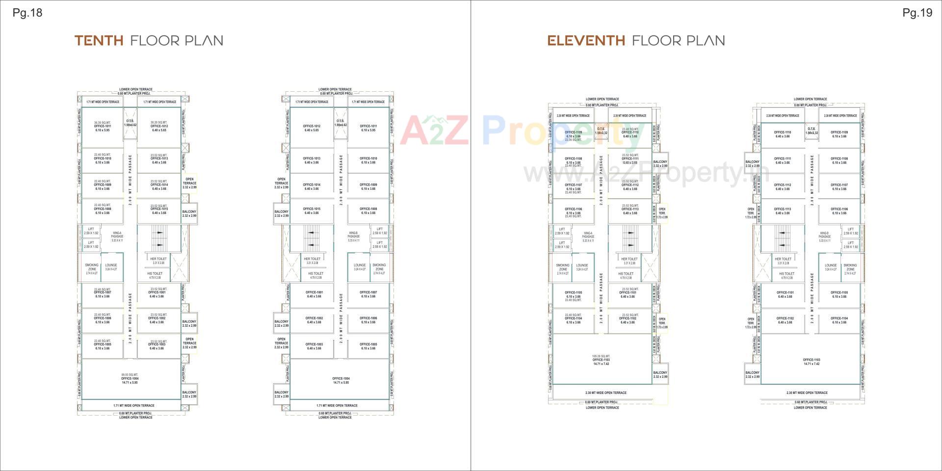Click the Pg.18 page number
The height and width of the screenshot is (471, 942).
coord(27,13)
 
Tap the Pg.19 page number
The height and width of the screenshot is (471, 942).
coord(917,13)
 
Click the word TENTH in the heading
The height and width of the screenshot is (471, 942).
coord(99,41)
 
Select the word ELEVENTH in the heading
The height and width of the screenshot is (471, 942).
coord(586,41)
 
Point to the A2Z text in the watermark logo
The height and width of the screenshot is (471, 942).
coord(434,131)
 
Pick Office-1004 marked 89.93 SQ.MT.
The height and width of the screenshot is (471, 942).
coord(130,379)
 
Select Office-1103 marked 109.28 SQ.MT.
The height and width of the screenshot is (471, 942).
coord(601,360)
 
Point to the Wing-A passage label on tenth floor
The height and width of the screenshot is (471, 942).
coord(117,236)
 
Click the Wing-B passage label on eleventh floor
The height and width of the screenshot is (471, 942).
coord(824,236)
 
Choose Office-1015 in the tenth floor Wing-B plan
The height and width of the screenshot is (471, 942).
coord(312,211)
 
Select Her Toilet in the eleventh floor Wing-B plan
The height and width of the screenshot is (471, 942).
coord(783,261)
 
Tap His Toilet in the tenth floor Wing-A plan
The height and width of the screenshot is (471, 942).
coord(155,275)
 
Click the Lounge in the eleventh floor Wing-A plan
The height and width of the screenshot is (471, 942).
coord(582,267)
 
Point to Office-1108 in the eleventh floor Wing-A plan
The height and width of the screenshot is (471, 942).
coord(573,161)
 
